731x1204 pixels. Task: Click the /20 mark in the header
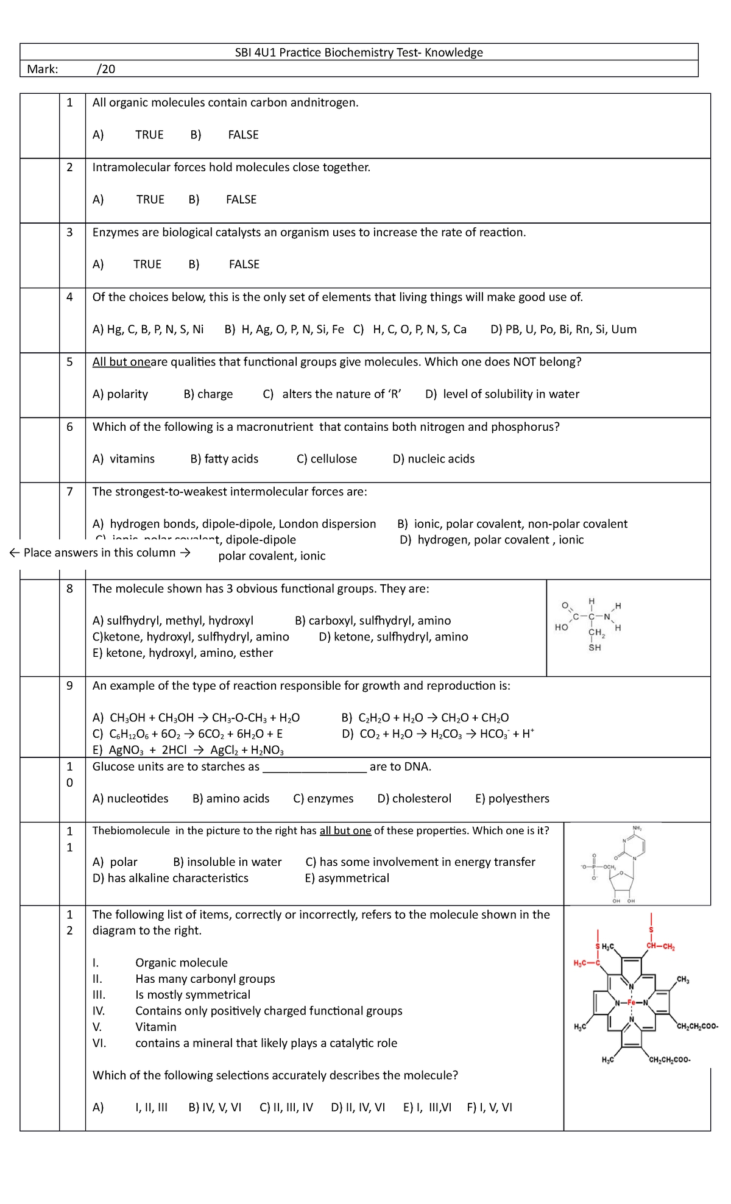(x=106, y=69)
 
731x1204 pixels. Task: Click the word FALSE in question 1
(x=243, y=135)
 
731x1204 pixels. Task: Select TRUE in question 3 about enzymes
(x=147, y=264)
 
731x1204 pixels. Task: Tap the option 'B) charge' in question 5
(x=208, y=394)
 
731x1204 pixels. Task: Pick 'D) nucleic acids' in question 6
(x=433, y=459)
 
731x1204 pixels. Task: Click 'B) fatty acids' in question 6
(x=224, y=459)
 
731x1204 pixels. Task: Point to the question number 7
(x=69, y=492)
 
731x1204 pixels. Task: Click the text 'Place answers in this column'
(x=99, y=553)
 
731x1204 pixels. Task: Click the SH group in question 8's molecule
(x=595, y=648)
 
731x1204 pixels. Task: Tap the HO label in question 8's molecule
(x=561, y=627)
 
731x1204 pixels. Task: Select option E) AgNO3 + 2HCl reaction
(x=188, y=750)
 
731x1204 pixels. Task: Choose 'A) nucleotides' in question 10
(x=130, y=799)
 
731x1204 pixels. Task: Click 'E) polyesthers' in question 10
(x=512, y=799)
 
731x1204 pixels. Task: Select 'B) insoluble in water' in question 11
(x=227, y=862)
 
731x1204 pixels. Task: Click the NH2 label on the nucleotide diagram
(x=637, y=828)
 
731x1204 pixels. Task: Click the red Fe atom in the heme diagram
(x=631, y=1002)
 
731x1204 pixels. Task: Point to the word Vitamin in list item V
(x=156, y=1027)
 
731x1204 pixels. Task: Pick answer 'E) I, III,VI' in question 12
(x=427, y=1108)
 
